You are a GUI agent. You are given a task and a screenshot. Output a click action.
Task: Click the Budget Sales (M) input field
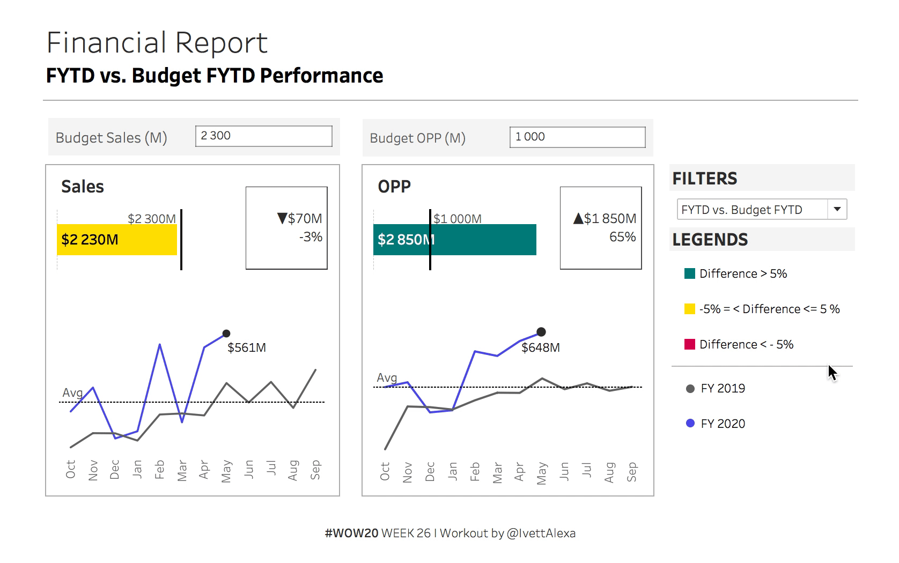263,136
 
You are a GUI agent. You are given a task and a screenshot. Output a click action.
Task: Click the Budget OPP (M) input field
577,137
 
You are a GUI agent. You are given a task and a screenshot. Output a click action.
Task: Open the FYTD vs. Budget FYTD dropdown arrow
837,209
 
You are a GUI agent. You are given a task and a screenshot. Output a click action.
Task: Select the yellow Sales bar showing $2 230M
117,240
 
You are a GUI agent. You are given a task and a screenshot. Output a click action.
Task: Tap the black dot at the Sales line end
226,334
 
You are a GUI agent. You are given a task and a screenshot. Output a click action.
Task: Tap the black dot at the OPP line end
541,332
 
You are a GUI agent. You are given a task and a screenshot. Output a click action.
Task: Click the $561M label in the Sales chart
247,347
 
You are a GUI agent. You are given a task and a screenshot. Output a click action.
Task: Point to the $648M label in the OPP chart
541,347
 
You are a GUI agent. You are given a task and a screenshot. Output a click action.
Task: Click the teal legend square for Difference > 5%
690,273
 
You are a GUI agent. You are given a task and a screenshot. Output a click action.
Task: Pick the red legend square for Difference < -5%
690,344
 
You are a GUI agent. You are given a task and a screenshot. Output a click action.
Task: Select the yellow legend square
690,309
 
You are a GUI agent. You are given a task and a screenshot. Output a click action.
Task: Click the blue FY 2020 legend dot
690,424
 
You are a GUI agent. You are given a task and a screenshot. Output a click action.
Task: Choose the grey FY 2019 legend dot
690,388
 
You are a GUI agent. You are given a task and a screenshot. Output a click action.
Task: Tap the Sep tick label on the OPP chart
632,471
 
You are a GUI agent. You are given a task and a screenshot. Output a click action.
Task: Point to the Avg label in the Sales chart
72,392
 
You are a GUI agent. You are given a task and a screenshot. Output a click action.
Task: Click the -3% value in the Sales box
311,237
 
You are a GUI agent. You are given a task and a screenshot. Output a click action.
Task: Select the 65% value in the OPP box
622,237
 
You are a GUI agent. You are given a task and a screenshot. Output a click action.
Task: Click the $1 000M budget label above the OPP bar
458,219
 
